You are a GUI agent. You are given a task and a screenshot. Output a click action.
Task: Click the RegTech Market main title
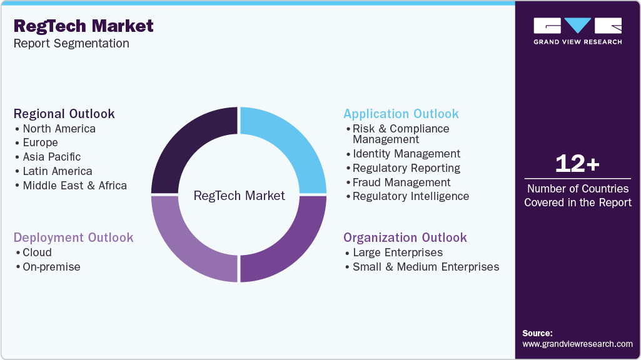pos(83,26)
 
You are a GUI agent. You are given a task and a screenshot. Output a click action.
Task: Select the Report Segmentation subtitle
pos(71,43)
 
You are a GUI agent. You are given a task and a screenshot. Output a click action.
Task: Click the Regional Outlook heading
pos(64,114)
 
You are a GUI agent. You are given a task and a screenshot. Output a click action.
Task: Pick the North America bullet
pos(59,129)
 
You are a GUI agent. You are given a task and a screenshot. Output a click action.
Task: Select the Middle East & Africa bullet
pos(74,186)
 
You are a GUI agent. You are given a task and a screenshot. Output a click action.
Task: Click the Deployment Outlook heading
pos(74,237)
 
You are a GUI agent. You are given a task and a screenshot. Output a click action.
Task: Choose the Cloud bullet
pos(37,252)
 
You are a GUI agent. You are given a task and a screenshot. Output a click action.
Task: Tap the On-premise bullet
pos(51,267)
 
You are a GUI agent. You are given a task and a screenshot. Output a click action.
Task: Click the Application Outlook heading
pos(401,114)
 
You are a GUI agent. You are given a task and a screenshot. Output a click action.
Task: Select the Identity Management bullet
pos(406,154)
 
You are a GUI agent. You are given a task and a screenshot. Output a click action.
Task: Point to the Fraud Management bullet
pos(401,182)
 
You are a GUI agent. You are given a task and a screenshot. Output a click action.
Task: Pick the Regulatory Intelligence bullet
pos(410,196)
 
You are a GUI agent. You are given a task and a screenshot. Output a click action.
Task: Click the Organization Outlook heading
pos(405,237)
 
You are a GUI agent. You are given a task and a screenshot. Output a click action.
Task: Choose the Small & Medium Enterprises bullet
pos(426,267)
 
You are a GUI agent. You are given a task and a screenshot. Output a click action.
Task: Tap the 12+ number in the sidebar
pos(577,164)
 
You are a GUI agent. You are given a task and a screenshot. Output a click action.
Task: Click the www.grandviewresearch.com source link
pos(577,344)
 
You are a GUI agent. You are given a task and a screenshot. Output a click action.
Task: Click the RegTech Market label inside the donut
pos(239,196)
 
